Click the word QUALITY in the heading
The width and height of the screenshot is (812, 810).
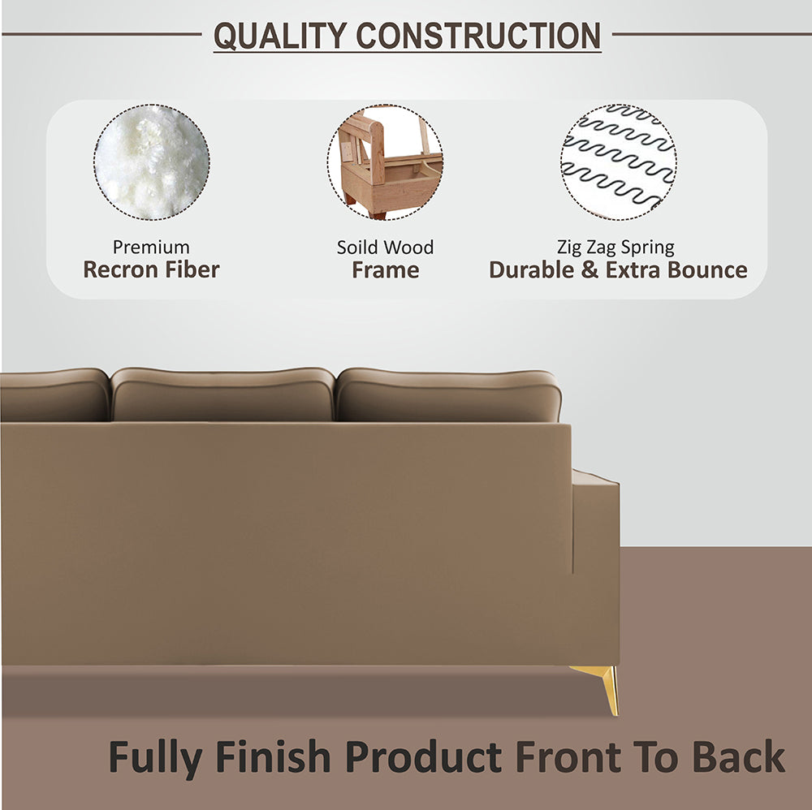click(x=280, y=36)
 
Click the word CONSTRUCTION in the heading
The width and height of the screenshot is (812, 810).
click(x=478, y=36)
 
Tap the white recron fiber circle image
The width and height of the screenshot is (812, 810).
click(x=151, y=162)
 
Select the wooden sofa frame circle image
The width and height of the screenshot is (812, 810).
click(x=386, y=162)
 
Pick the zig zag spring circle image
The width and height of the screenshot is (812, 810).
click(x=618, y=162)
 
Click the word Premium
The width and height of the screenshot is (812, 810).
click(x=151, y=247)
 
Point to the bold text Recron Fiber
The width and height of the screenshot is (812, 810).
click(x=151, y=270)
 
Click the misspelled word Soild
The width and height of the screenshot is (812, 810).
click(x=358, y=247)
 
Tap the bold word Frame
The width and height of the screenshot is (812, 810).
click(x=386, y=270)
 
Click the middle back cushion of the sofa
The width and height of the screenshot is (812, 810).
click(x=222, y=395)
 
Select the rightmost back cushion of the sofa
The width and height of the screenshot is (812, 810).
click(x=448, y=395)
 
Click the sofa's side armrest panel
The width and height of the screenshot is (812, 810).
click(x=595, y=568)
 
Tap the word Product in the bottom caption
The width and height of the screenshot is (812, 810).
click(x=422, y=757)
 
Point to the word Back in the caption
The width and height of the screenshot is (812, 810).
click(x=738, y=757)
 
